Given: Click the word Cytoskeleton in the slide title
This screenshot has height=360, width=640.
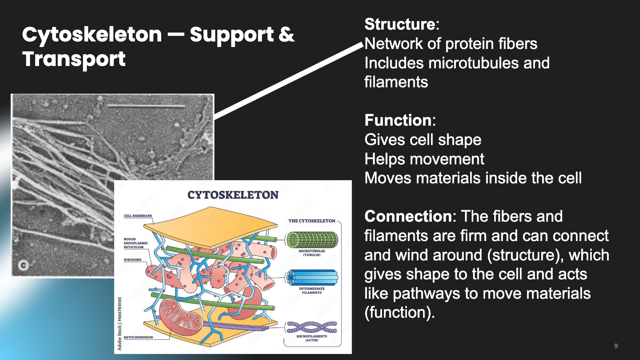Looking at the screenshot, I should pos(92,35).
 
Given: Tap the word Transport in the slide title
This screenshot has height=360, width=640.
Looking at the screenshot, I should pos(74,59).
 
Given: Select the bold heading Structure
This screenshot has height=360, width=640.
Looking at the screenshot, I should pos(399,25).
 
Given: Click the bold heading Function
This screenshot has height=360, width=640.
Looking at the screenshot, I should pos(398,120).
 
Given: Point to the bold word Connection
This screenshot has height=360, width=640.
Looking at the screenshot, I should pos(408,217).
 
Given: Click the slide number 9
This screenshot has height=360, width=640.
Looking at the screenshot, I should pos(616,346).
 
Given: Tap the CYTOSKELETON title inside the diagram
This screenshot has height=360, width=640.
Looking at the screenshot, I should pos(233,195).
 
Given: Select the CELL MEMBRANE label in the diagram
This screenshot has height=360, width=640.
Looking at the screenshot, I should pos(138,216).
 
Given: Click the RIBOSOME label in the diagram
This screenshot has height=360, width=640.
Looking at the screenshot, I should pos(132,260).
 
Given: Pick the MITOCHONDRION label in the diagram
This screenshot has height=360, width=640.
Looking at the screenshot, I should pos(138,337).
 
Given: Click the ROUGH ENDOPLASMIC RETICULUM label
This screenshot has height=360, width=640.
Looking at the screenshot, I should pos(136,243).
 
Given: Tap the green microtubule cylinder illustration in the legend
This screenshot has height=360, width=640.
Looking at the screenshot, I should pos(312,240).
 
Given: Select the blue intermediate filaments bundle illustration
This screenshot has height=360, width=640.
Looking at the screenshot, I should pos(312,277).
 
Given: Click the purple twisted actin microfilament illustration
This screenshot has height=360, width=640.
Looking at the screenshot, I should pos(312,327).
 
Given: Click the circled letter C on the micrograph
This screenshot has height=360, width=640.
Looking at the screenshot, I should pos(23,265).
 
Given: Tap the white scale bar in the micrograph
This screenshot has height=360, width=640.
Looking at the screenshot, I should pos(146,106).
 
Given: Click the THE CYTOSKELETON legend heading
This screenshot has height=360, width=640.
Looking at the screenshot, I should pos(312,221).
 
